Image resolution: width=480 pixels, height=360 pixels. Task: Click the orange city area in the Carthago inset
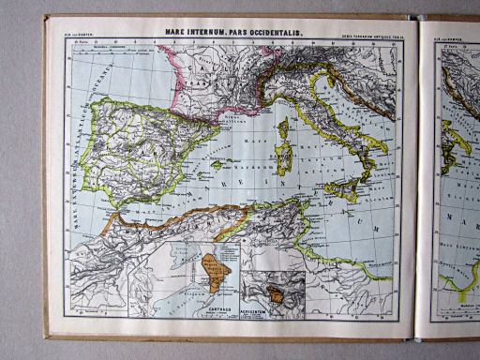point(215,270)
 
